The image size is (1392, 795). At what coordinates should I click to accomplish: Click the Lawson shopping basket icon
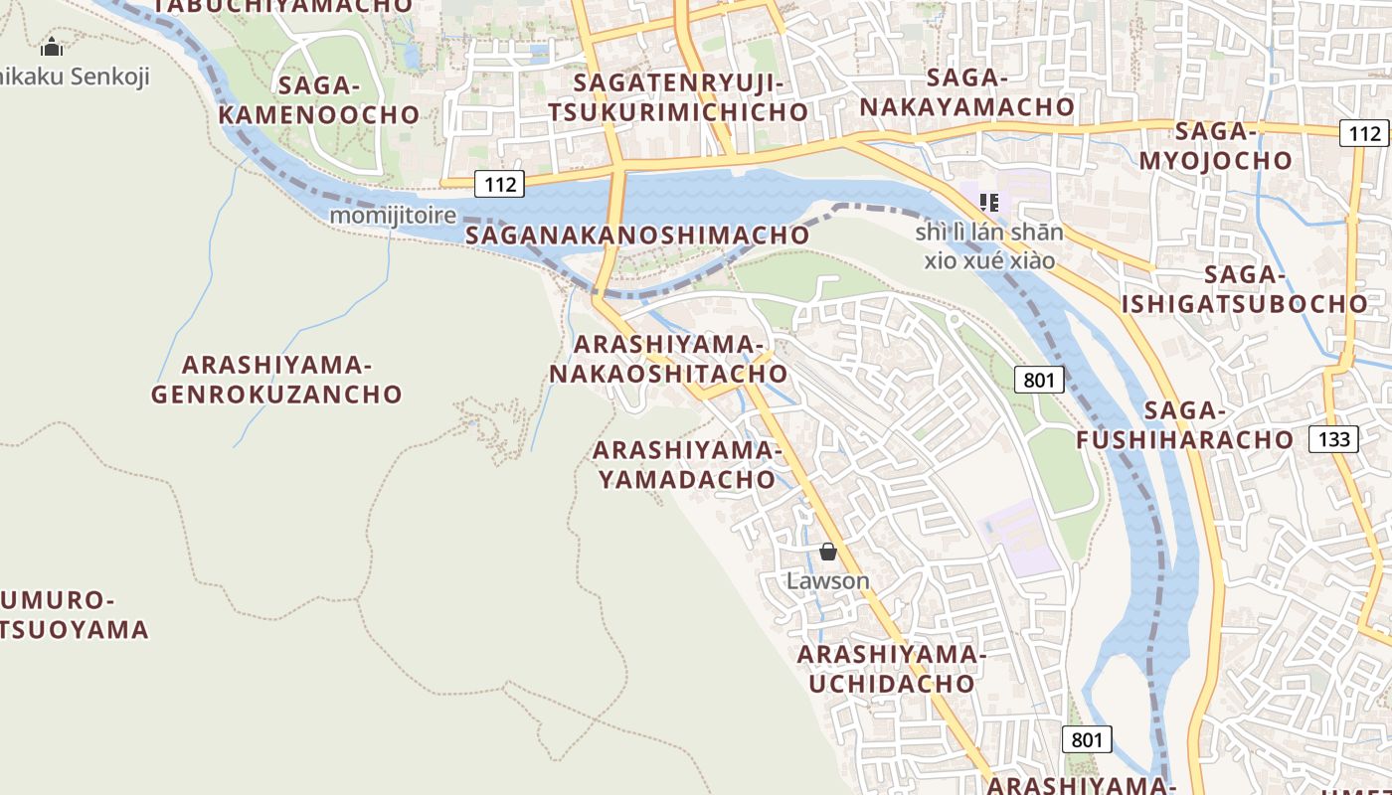coord(828,552)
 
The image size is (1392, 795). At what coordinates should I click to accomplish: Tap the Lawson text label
coord(828,580)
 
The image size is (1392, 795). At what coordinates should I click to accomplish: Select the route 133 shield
coord(1333,438)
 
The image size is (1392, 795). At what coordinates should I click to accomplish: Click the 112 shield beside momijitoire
coord(499,183)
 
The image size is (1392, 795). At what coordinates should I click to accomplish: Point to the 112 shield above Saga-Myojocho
coord(1363,133)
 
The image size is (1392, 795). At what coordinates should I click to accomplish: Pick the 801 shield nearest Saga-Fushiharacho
coord(1040,379)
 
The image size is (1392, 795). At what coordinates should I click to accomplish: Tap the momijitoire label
coord(393,215)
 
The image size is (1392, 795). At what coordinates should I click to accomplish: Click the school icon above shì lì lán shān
coord(988,203)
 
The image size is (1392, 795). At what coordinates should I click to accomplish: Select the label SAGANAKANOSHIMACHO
coord(637,236)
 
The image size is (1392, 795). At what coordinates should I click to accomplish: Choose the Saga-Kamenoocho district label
coord(319,99)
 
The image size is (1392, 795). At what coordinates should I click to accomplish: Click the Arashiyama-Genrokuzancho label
coord(276,379)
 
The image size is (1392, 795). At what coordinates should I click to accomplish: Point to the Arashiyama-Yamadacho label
coord(686,464)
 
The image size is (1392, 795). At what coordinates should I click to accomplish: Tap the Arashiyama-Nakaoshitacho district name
coord(668,359)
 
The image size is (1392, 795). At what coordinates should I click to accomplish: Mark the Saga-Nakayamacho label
coord(967,91)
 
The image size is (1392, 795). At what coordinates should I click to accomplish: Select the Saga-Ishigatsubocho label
coord(1245,289)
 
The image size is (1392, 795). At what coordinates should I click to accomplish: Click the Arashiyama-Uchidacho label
coord(891,669)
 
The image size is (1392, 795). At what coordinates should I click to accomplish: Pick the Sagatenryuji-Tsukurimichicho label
coord(678,96)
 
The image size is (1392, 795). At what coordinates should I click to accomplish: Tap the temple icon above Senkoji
coord(52,47)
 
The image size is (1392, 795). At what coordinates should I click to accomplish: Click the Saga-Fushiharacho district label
coord(1185,424)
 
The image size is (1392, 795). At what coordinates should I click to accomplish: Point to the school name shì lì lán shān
coord(989,233)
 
